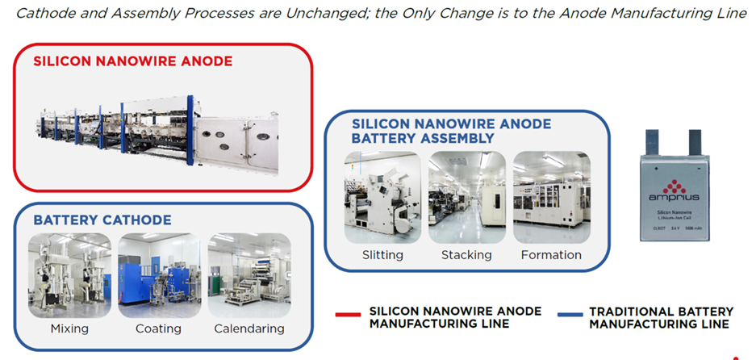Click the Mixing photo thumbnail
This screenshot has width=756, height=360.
click(69, 275)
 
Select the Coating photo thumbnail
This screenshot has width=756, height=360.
click(158, 275)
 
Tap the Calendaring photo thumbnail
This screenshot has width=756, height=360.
click(249, 275)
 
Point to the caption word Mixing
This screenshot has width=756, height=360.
click(69, 329)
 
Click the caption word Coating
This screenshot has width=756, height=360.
click(158, 329)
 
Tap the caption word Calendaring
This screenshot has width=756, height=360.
click(249, 329)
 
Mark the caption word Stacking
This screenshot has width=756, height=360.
click(466, 255)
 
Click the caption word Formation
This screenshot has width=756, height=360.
click(551, 255)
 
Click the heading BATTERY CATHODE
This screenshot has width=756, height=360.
click(102, 220)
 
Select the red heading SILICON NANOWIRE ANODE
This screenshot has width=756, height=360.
click(132, 61)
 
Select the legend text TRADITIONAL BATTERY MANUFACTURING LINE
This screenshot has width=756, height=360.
click(661, 317)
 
